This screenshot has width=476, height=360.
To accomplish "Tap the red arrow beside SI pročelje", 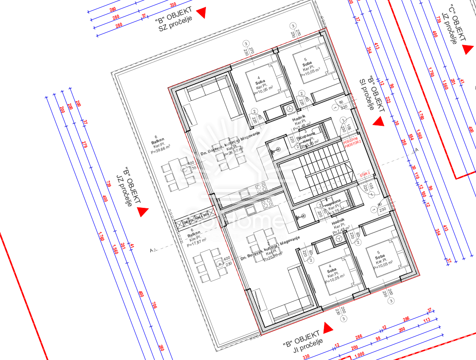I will click(378, 122).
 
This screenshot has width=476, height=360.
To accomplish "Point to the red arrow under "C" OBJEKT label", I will click(468, 49).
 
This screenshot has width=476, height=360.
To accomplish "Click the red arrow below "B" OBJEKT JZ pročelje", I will click(143, 211).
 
